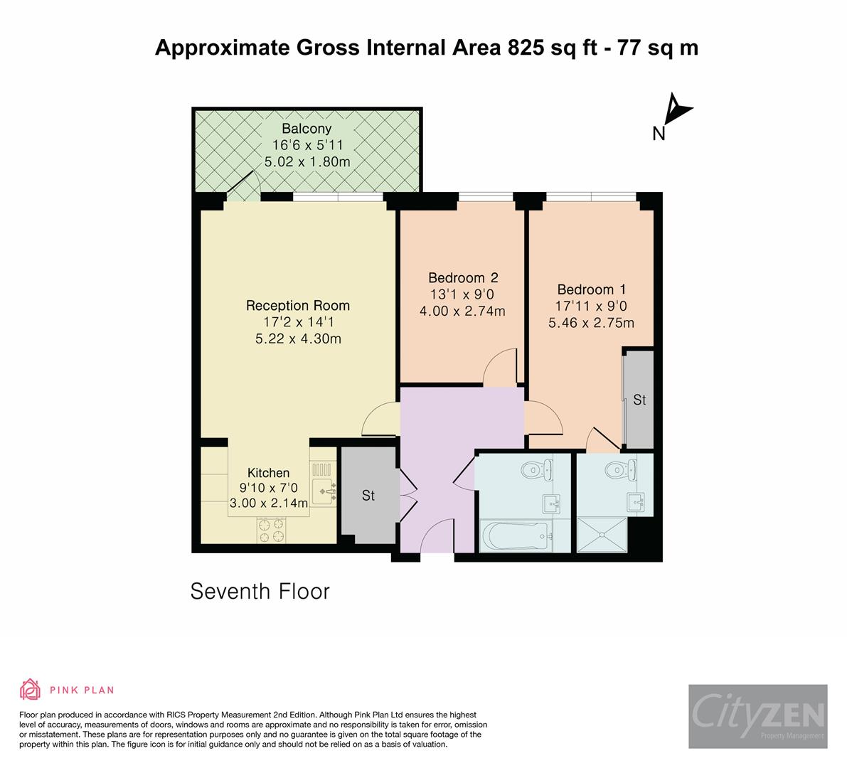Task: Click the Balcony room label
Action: click(307, 129)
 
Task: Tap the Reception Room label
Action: click(297, 306)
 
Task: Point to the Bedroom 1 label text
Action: click(591, 289)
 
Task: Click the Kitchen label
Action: click(268, 473)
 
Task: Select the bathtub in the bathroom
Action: click(514, 535)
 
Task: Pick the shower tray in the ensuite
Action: click(602, 535)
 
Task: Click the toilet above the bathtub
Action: click(533, 470)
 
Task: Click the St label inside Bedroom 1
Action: click(639, 400)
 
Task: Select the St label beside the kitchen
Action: click(368, 496)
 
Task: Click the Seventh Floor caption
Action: click(260, 592)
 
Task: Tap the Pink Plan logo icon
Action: click(30, 689)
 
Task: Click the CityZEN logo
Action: click(757, 716)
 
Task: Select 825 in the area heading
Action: click(527, 48)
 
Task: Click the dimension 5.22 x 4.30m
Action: click(298, 338)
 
